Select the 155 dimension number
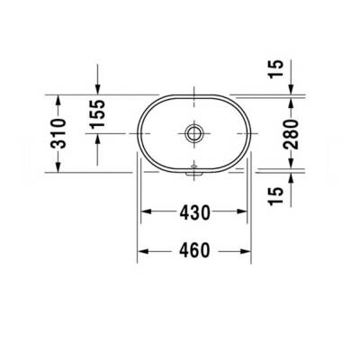coord(98,113)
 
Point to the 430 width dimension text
coord(193,213)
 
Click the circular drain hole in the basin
coord(193,133)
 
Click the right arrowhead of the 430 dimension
coord(243,213)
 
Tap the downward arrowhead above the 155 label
coord(98,89)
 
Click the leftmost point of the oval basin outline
coord(137,131)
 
